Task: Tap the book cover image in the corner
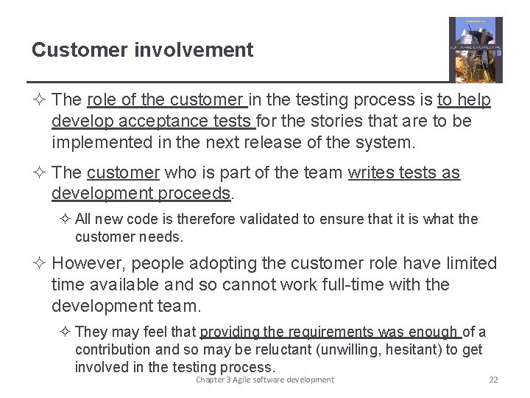tap(476, 49)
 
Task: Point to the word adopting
tap(219, 264)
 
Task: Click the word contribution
tap(113, 349)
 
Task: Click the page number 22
tap(493, 380)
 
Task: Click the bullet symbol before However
tap(41, 264)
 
